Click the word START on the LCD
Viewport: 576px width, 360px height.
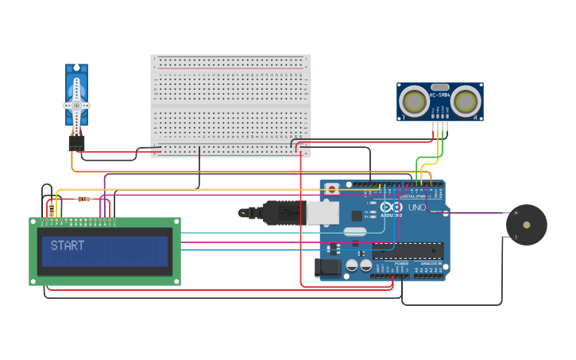point(68,246)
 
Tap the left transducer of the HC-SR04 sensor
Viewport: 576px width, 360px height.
point(413,102)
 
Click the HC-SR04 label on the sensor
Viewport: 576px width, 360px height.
point(439,95)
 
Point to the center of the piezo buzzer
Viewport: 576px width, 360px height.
point(526,225)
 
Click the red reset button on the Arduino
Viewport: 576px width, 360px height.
point(332,189)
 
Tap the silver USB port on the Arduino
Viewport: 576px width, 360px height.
point(323,212)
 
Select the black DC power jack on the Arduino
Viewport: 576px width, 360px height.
point(327,269)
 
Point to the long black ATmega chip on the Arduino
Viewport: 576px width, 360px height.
point(408,251)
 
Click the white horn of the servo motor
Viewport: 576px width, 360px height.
point(77,105)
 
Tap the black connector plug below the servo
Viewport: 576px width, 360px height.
point(76,142)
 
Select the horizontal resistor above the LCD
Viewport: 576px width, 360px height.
point(83,199)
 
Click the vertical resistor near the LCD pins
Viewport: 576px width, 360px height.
point(52,209)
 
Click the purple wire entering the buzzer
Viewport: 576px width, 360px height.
point(477,213)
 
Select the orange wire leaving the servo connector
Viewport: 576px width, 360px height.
point(72,163)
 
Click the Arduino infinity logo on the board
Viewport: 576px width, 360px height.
point(390,208)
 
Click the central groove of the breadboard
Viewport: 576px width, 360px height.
point(230,105)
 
